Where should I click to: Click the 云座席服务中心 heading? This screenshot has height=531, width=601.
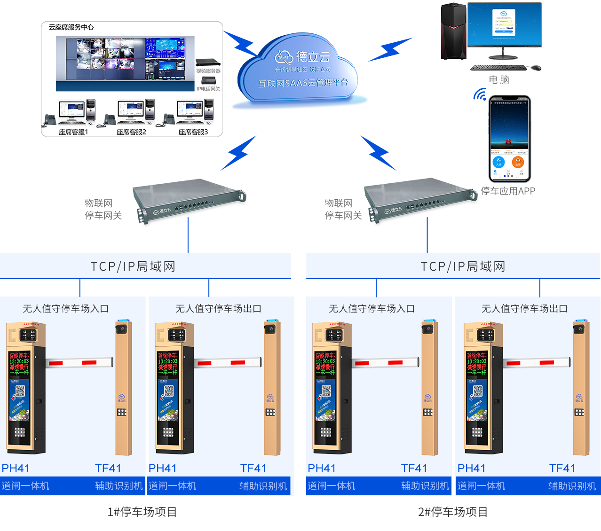pos(71,27)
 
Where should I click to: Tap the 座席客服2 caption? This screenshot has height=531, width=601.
pos(131,132)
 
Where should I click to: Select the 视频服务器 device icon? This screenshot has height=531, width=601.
pos(208,62)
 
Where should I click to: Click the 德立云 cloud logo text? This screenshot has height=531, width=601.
pos(313,57)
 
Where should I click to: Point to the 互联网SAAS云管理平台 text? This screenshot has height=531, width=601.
pos(303,83)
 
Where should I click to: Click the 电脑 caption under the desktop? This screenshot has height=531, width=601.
pos(499,79)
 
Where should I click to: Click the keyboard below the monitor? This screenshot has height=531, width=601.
pos(498,68)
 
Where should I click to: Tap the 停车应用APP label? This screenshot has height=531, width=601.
pos(508,191)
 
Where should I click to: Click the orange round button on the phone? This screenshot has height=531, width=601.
pos(518,162)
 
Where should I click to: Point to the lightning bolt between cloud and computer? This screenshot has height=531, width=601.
pos(390,49)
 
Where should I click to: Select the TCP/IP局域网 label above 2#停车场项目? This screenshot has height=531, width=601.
pos(463,266)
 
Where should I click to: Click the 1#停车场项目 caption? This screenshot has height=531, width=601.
pos(142,512)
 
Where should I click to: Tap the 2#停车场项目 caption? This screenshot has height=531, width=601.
pos(453,512)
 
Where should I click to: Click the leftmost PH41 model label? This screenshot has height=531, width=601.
pos(16,469)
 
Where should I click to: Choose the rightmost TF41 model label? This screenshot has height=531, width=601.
pos(562,469)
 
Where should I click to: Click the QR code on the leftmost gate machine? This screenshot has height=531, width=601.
pos(20,391)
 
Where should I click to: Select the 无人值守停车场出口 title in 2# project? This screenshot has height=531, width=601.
pos(524,309)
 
